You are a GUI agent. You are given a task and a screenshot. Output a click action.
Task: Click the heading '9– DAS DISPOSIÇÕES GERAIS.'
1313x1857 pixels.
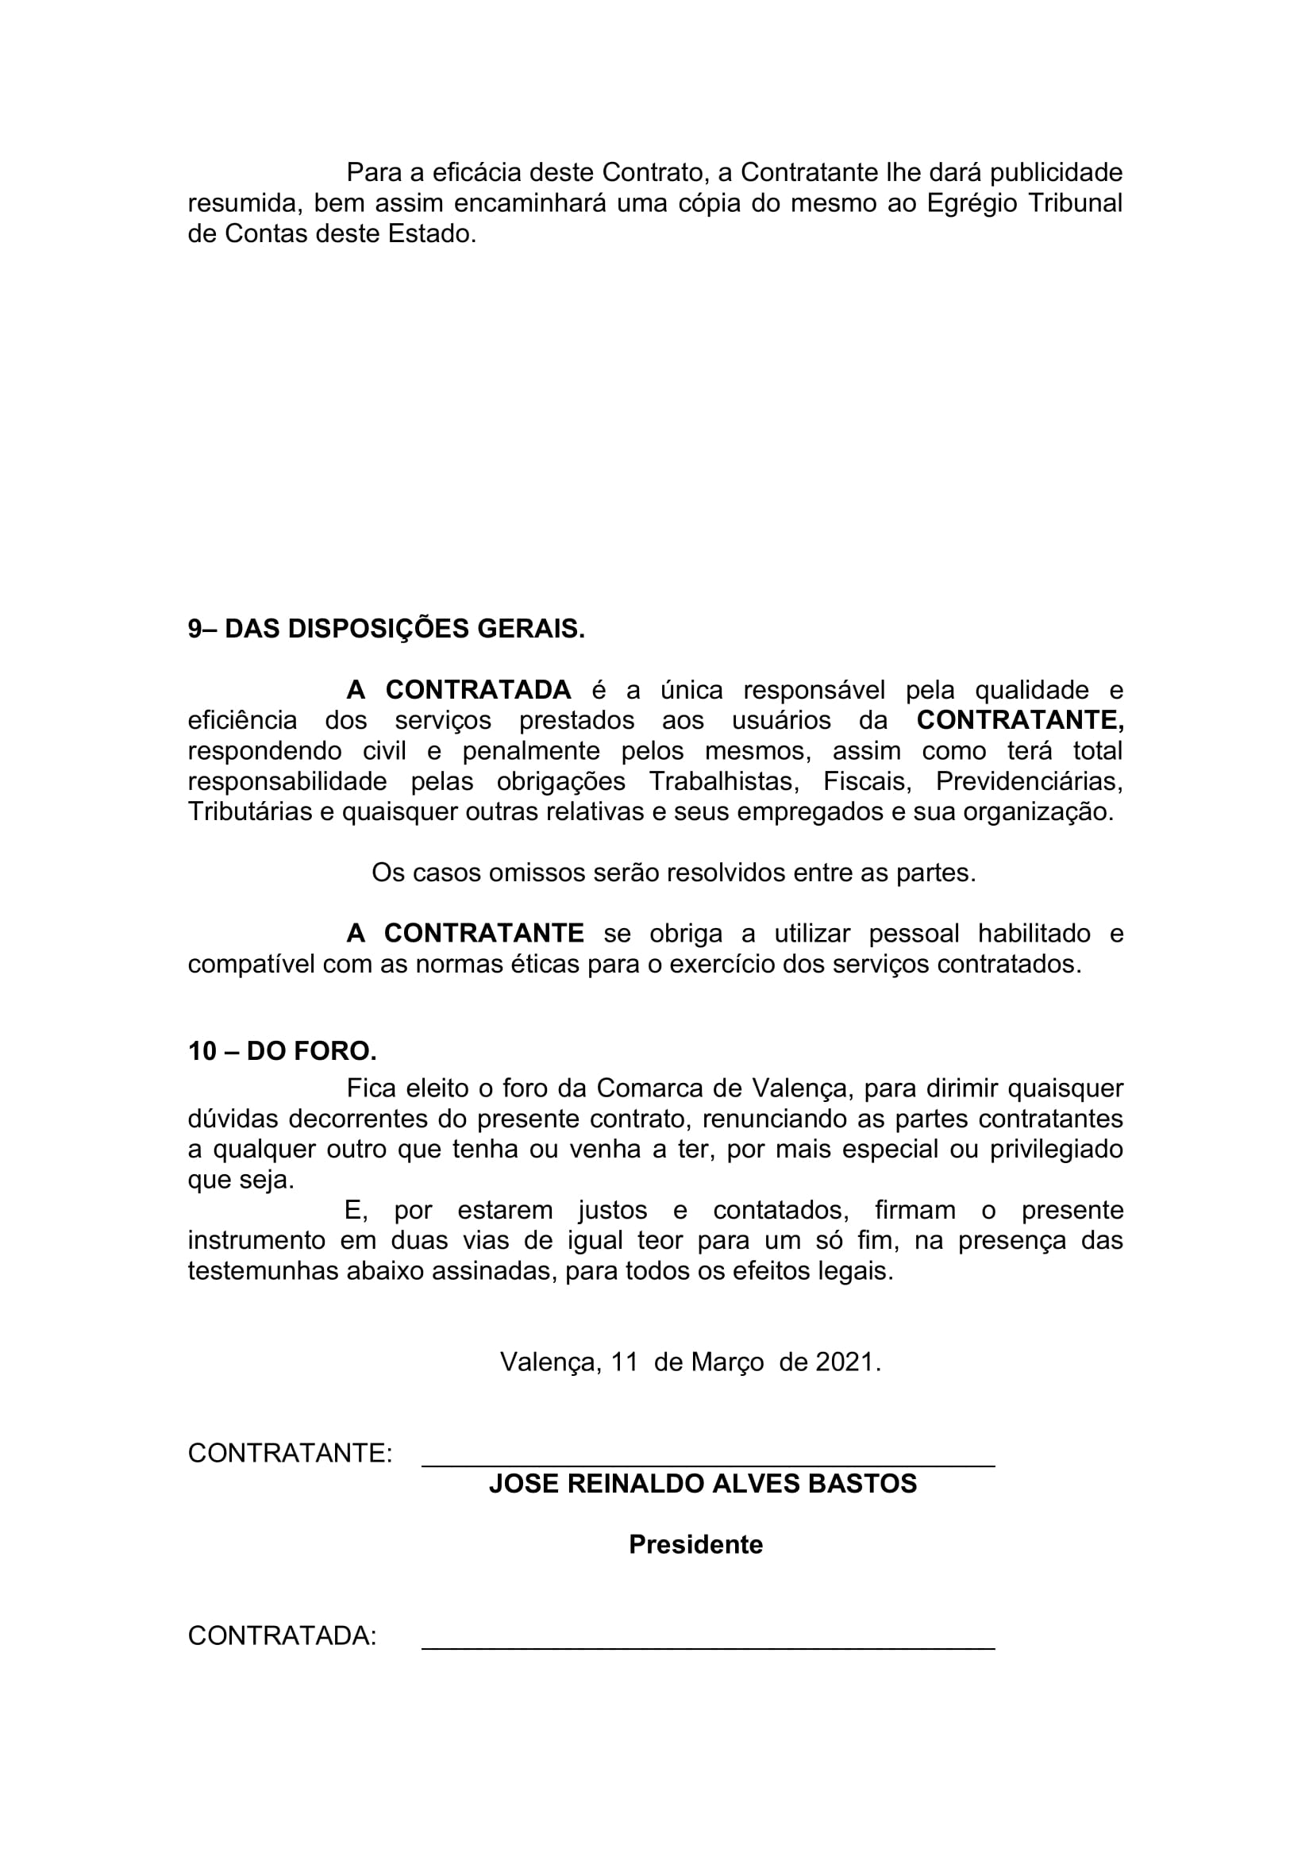tap(386, 629)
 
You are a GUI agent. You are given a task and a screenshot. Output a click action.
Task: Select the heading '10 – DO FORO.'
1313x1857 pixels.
tap(282, 1050)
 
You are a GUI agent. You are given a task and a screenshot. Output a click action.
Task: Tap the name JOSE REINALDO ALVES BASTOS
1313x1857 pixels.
tap(703, 1483)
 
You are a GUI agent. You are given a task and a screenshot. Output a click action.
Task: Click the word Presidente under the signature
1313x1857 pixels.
tap(695, 1544)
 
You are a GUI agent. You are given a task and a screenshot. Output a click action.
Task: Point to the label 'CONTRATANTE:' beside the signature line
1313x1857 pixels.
tap(290, 1454)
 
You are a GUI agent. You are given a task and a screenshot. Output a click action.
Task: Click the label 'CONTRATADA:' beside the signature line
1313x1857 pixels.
tap(282, 1635)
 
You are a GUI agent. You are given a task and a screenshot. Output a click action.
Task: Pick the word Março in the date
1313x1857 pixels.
tap(727, 1362)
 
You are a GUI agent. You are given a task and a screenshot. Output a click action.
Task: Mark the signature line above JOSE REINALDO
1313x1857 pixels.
tap(707, 1466)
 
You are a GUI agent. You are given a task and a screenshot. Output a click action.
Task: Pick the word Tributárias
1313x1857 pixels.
tap(249, 811)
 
